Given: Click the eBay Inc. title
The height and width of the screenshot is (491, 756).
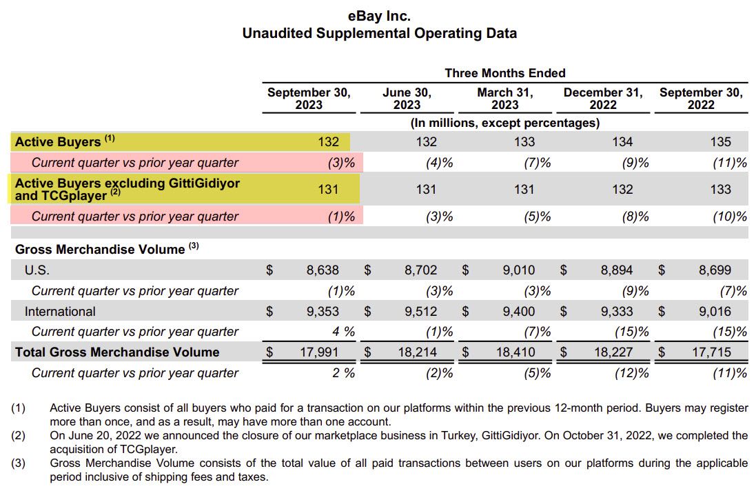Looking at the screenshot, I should point(379,15).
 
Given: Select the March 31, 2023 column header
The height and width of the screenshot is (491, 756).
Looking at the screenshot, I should point(504,99).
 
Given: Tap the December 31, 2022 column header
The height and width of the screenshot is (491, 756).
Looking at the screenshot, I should point(602,99).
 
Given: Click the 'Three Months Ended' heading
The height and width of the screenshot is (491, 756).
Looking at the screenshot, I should point(504,73).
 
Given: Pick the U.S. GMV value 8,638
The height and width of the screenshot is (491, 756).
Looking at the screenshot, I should point(323,270).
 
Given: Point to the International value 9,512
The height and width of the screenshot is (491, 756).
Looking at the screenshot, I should point(420,311).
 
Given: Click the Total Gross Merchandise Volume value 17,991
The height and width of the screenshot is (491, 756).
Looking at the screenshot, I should point(320,352).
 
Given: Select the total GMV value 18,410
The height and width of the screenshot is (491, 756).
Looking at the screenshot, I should point(515,352).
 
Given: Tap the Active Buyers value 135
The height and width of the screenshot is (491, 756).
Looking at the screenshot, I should point(720,142).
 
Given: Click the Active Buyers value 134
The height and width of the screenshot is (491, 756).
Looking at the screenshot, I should point(622,142).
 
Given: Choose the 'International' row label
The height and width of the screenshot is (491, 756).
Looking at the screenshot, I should point(60,311).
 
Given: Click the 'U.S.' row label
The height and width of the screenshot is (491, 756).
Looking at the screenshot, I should point(37,270).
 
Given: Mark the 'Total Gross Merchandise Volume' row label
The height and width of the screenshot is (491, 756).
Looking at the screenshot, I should point(117,352).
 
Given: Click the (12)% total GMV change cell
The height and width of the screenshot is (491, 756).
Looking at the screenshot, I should point(631,373).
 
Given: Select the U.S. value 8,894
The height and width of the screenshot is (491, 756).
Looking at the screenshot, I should point(616,270).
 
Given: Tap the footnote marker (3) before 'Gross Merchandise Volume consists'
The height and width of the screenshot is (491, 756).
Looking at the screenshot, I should point(18,463).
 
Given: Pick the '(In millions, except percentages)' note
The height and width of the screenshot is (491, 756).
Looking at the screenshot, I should point(504,123).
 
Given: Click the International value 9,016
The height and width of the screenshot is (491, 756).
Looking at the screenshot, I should point(715,311).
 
